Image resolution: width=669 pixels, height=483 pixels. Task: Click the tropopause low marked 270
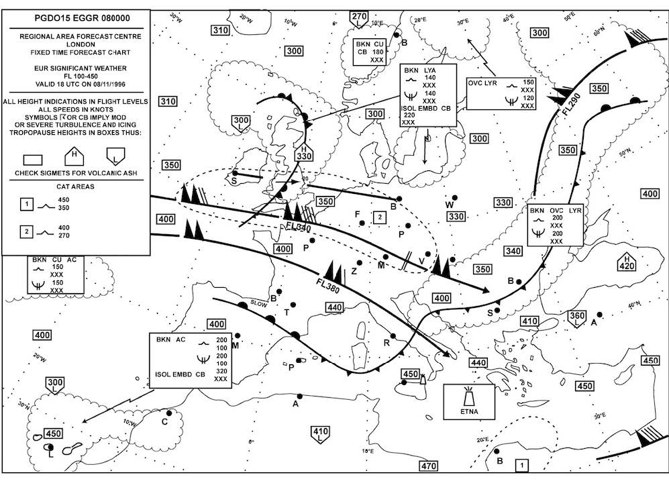tap(360, 18)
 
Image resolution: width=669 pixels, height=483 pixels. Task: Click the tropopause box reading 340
tap(513, 251)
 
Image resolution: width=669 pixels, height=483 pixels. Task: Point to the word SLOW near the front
tap(259, 303)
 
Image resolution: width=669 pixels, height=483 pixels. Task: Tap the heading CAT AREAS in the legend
tap(75, 186)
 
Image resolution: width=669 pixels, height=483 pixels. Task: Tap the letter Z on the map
tap(354, 271)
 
